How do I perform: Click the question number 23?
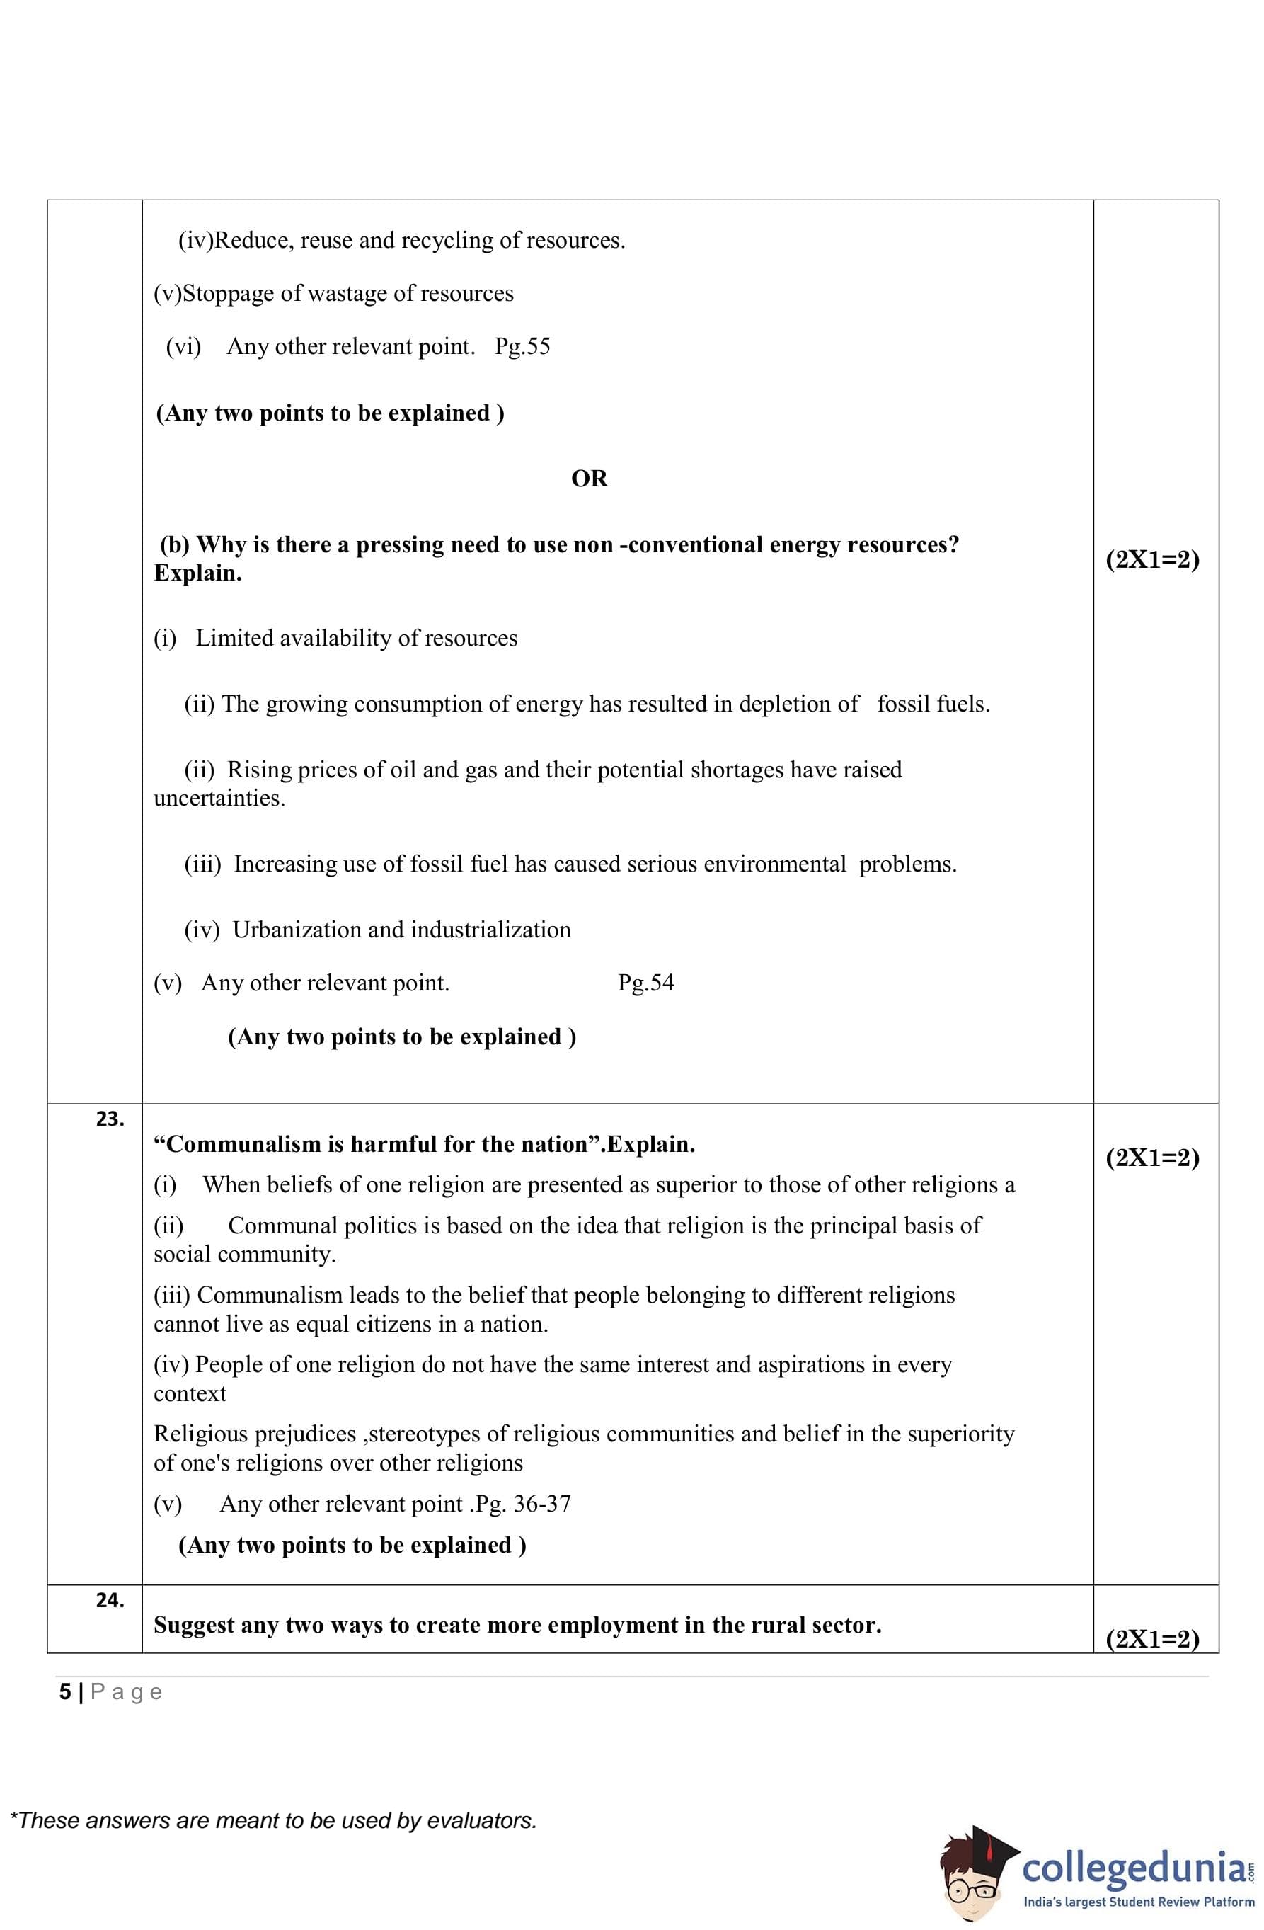110,1119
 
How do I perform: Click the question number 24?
110,1600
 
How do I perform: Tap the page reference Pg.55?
522,346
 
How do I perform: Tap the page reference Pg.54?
645,983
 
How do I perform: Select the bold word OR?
590,479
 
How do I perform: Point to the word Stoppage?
228,294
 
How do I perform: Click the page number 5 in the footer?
64,1692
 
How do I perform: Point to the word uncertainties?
219,798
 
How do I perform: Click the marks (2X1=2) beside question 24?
1152,1639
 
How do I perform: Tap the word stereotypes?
424,1434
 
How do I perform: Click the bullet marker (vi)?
183,346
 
